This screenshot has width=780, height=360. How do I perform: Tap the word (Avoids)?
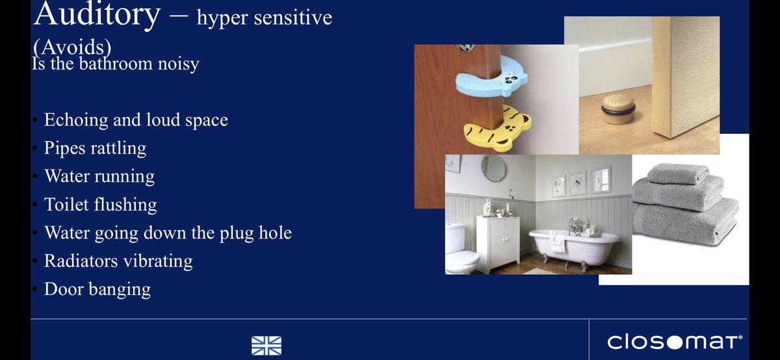click(72, 49)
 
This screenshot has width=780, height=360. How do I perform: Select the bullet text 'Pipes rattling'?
click(95, 148)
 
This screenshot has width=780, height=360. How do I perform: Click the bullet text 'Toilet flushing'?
click(100, 205)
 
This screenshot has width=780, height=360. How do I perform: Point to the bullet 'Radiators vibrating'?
click(118, 261)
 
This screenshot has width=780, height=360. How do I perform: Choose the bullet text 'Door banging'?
click(97, 289)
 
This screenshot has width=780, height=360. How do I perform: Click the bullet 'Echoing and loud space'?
click(135, 120)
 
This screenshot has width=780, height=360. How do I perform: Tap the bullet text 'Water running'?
click(99, 177)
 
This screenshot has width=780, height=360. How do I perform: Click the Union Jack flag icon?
click(266, 344)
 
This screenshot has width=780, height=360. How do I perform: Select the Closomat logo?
click(674, 341)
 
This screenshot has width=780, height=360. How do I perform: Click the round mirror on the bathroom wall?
click(494, 168)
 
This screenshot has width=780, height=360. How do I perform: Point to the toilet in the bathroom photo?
click(461, 250)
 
